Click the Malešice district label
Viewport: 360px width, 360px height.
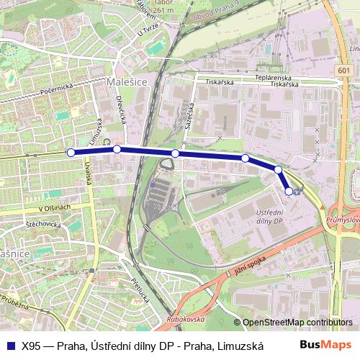127,84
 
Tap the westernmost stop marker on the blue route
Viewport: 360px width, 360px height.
71,152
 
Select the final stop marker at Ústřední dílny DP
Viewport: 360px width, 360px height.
289,191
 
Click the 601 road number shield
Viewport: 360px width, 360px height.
343,71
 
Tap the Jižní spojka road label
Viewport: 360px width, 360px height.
250,265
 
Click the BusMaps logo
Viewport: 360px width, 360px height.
325,345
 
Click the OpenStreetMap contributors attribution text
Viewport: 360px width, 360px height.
297,323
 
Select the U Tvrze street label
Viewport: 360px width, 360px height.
146,31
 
